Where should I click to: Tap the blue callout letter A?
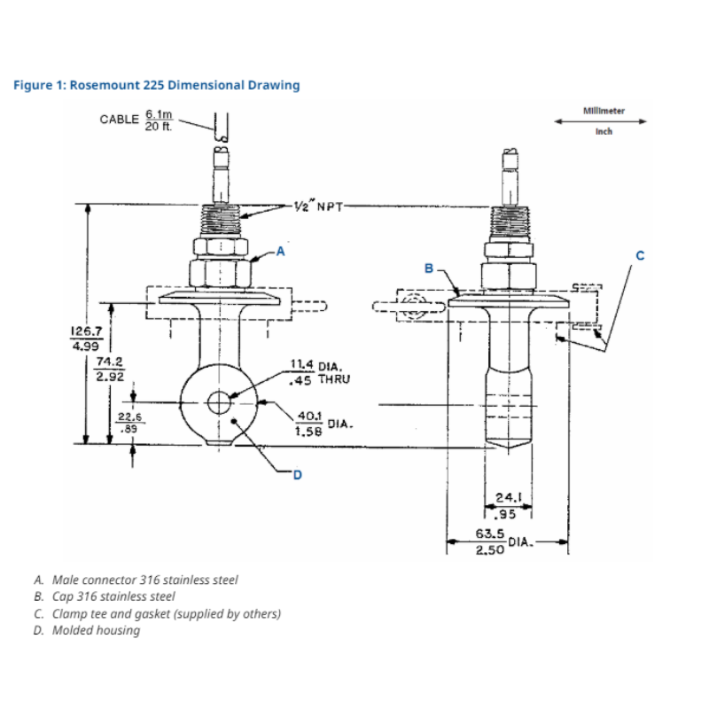pos(281,251)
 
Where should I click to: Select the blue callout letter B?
pos(430,267)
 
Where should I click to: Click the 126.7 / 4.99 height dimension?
pos(86,338)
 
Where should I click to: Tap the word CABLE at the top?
pos(119,118)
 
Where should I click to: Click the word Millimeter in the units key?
pos(604,111)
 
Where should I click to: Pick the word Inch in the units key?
pos(604,132)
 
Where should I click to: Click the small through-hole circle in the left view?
pos(219,403)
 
